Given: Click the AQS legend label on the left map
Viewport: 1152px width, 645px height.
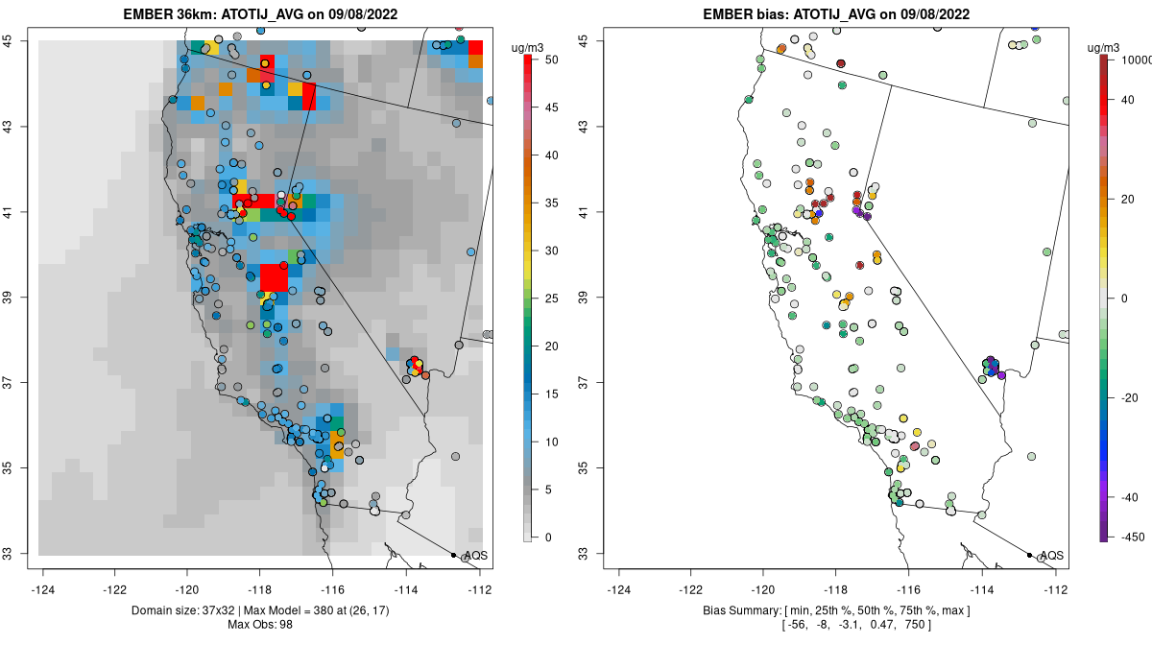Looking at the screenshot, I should [x=475, y=556].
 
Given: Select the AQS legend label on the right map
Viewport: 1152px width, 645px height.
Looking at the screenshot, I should [x=1051, y=556].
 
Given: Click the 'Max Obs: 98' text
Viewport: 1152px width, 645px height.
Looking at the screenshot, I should [x=261, y=625].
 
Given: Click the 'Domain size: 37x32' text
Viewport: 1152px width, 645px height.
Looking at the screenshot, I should [x=175, y=610].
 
